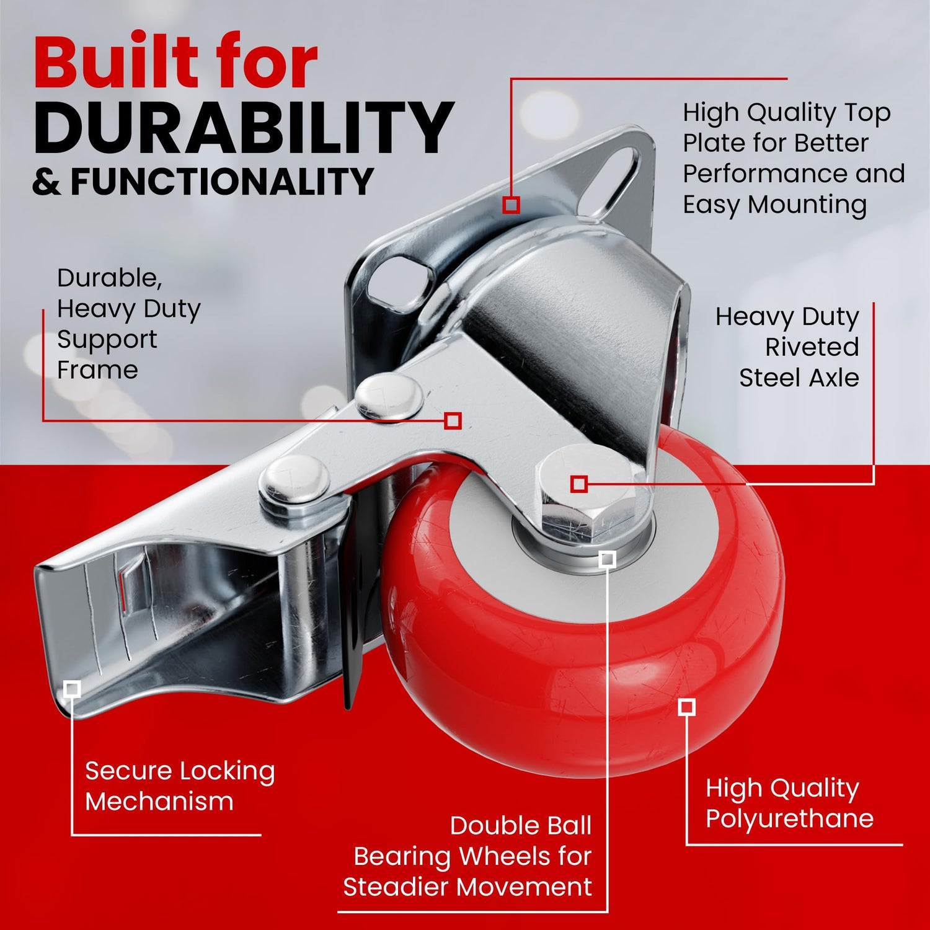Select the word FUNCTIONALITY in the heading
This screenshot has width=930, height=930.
tap(221, 182)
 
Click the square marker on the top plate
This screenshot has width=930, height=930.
tap(511, 205)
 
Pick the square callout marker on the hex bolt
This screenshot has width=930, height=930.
tap(579, 484)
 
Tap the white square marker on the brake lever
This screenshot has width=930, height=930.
tap(73, 689)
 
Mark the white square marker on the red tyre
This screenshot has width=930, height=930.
tap(686, 707)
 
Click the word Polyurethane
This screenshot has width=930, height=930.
tap(789, 819)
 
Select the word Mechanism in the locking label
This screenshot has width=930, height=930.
tap(159, 802)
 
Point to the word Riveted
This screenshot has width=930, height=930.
tap(812, 347)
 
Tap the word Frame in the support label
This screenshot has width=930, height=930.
tap(97, 370)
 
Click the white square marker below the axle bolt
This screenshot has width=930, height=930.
tap(608, 559)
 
